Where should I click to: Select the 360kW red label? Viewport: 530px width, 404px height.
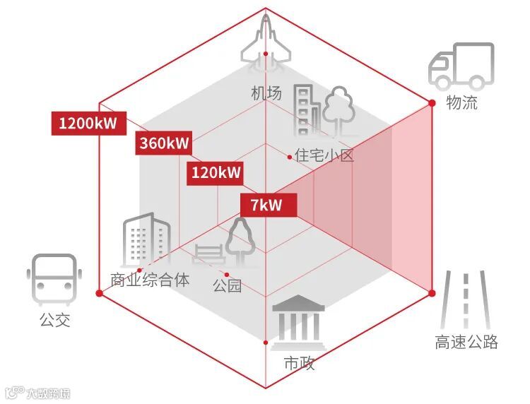pyautogui.click(x=164, y=143)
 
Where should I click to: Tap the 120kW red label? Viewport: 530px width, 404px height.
pyautogui.click(x=216, y=172)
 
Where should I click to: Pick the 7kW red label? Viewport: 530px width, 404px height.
pyautogui.click(x=266, y=206)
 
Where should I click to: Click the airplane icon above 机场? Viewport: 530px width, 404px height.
pyautogui.click(x=266, y=42)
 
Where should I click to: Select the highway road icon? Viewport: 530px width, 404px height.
pyautogui.click(x=465, y=300)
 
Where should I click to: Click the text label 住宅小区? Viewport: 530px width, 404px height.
pyautogui.click(x=324, y=155)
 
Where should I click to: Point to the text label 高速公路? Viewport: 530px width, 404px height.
pyautogui.click(x=466, y=343)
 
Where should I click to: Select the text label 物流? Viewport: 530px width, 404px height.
pyautogui.click(x=462, y=103)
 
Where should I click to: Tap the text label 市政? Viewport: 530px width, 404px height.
pyautogui.click(x=299, y=364)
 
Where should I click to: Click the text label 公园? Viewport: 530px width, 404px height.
pyautogui.click(x=227, y=285)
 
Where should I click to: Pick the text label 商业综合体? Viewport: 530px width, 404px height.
pyautogui.click(x=150, y=280)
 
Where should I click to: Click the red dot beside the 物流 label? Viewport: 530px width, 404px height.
pyautogui.click(x=432, y=103)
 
